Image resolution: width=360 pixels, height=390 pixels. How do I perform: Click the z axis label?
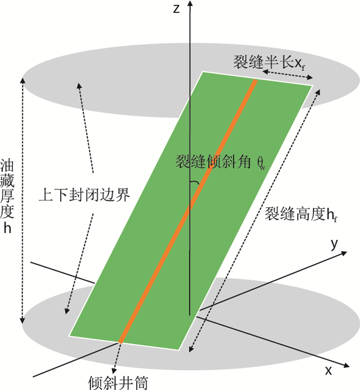175,9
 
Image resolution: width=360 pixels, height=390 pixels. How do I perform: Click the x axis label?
327,370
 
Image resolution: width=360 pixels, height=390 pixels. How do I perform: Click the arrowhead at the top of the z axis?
190,4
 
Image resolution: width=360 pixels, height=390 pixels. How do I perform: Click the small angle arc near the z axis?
194,183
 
